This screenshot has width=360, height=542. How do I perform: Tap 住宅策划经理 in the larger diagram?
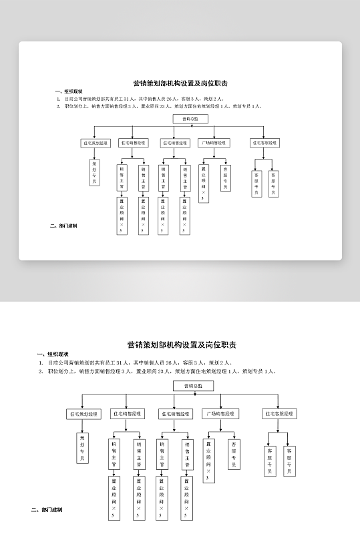coord(83,414)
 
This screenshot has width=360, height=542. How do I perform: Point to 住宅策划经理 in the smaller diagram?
coord(96,143)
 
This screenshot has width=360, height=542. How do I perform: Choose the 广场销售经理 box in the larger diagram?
coord(220,414)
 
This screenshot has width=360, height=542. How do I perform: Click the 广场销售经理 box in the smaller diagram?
coord(214,142)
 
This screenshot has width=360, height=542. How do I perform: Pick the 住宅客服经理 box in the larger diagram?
coord(279,414)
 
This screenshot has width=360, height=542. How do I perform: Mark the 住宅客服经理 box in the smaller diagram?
coord(265,143)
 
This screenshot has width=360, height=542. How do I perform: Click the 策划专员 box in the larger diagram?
coord(82,448)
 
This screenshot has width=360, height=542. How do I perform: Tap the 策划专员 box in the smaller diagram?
coord(94,172)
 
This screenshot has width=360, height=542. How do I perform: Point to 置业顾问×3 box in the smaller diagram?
coord(203,182)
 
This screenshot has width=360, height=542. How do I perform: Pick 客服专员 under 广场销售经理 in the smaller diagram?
coord(225,177)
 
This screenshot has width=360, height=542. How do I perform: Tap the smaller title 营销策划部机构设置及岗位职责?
coord(180,83)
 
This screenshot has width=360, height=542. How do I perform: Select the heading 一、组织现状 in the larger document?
coord(53,354)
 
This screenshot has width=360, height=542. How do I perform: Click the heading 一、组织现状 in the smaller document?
coord(68,91)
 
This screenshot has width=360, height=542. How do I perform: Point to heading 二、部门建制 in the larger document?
coord(47,510)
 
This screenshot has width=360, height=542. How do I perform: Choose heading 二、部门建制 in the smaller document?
coord(63,226)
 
